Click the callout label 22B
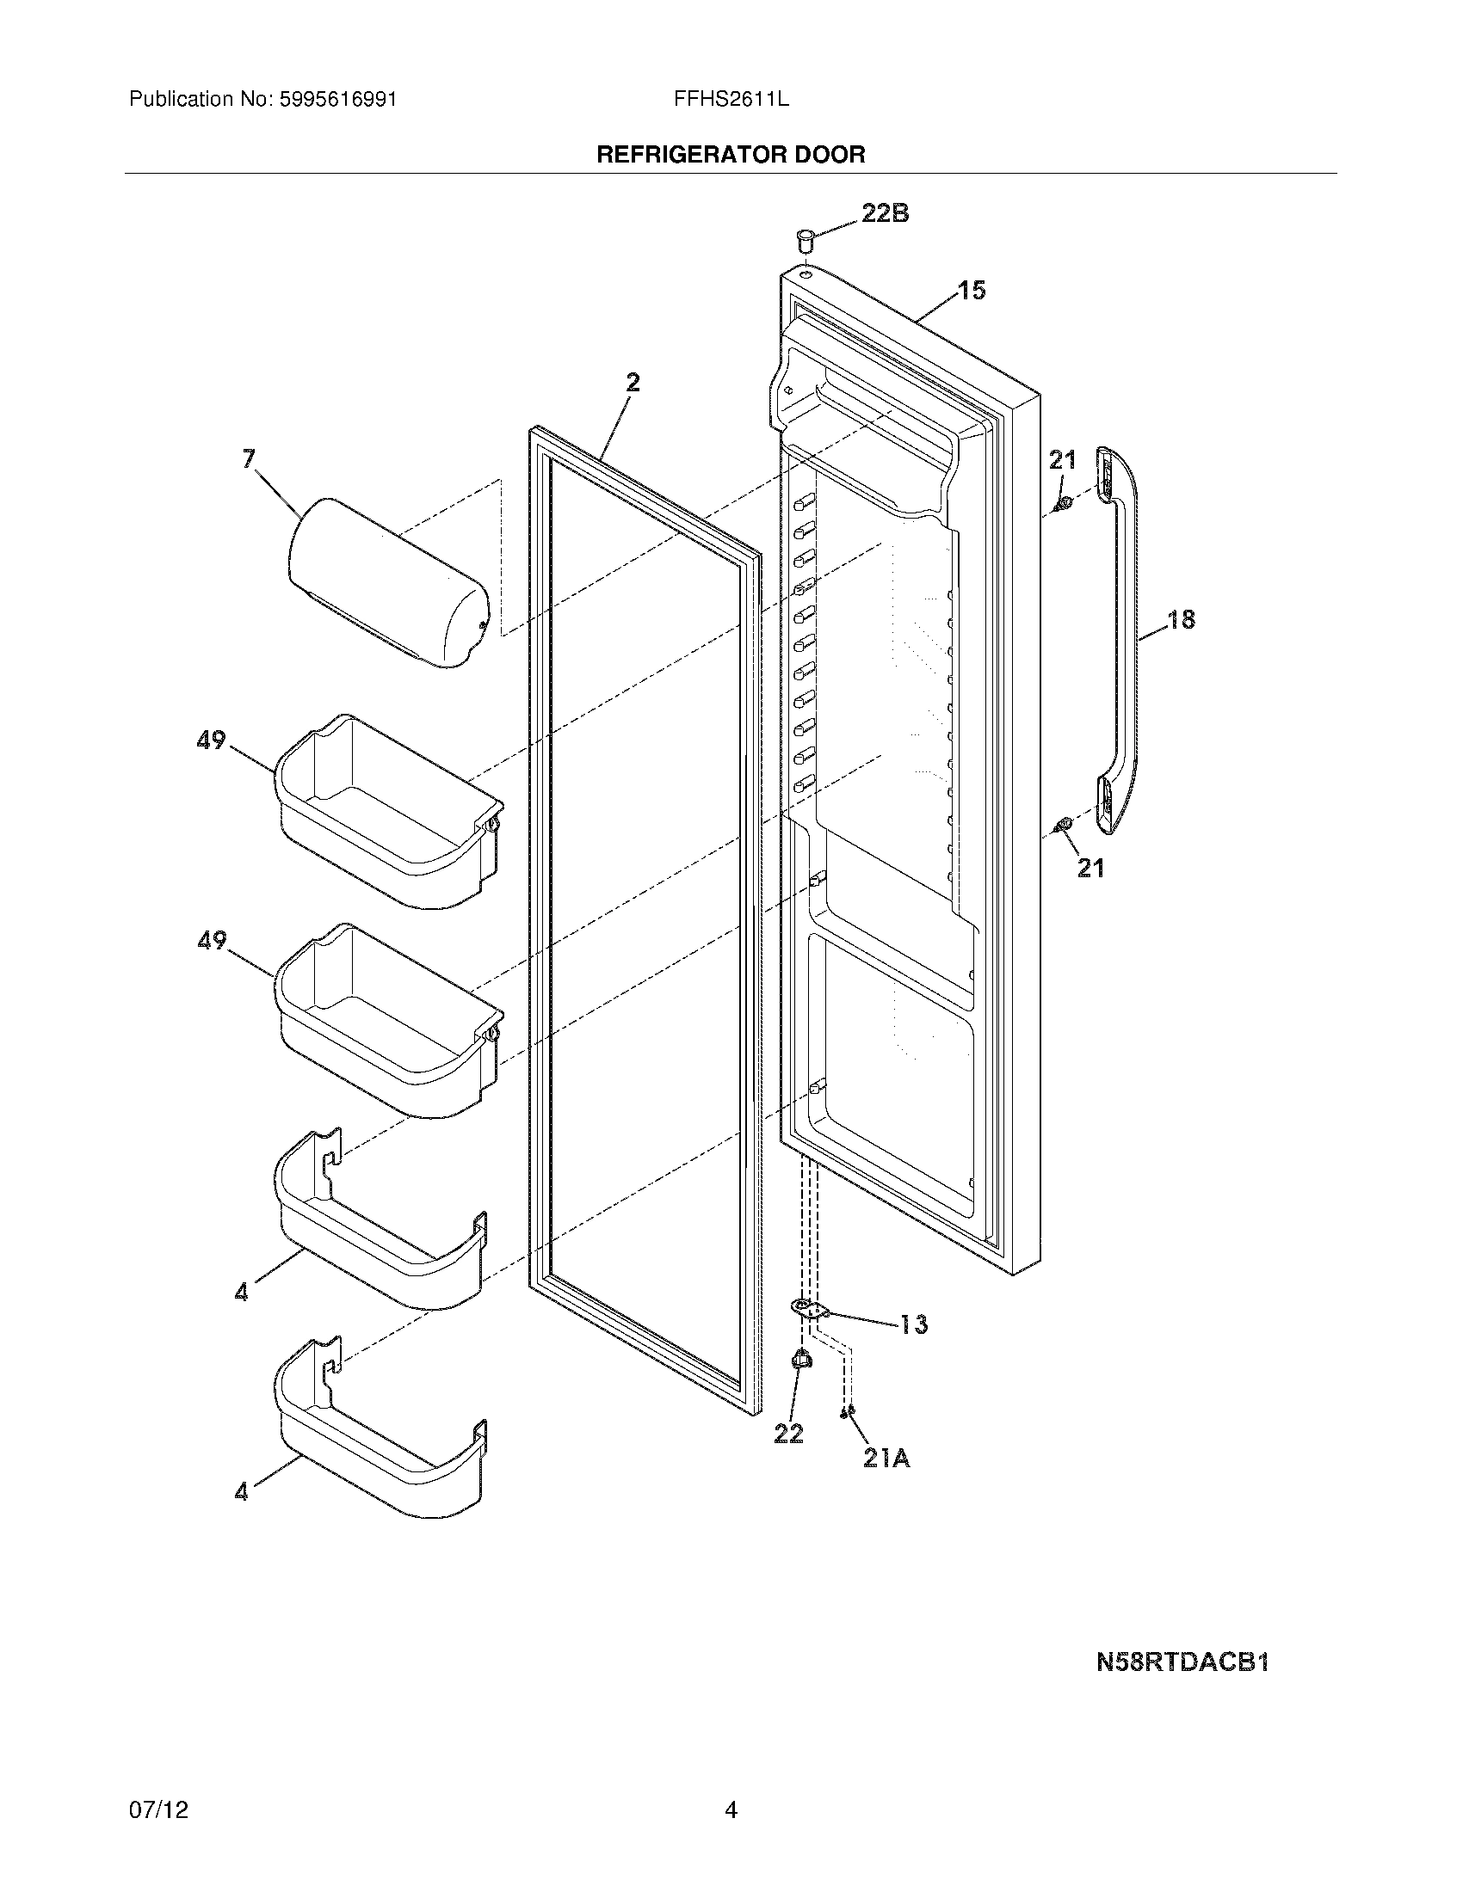(x=885, y=213)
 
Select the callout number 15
(x=972, y=290)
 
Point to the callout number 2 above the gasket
(x=633, y=382)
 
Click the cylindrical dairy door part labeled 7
(x=387, y=583)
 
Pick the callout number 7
(x=249, y=458)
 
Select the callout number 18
(x=1181, y=619)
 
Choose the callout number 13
(x=912, y=1324)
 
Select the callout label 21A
(x=886, y=1459)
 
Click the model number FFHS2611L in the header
(x=731, y=99)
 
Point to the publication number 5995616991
(x=337, y=99)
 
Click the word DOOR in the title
(x=833, y=155)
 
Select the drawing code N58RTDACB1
(x=1182, y=1662)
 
